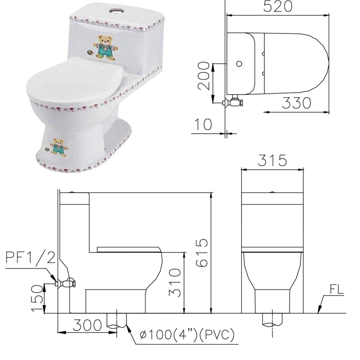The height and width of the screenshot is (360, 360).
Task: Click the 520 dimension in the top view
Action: point(277,7)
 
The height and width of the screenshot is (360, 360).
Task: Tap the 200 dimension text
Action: point(204,76)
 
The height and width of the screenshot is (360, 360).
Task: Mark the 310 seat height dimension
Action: point(175,282)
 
